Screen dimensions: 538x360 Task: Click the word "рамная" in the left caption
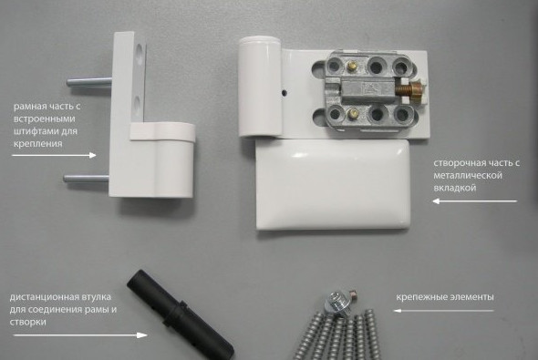click(x=30, y=107)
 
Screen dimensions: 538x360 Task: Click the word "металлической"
click(x=468, y=176)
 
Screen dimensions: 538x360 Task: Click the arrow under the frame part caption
click(x=54, y=155)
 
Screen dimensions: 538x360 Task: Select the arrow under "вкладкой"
click(x=474, y=201)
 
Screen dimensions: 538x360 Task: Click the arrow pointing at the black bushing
click(x=80, y=335)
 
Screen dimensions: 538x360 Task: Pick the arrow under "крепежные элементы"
click(x=444, y=311)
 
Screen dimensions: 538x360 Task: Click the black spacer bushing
click(x=181, y=314)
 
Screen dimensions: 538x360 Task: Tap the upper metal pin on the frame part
click(x=89, y=82)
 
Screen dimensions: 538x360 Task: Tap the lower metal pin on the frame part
click(x=86, y=178)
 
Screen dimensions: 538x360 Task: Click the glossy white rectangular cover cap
click(x=333, y=185)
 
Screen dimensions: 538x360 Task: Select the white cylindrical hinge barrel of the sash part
click(x=260, y=87)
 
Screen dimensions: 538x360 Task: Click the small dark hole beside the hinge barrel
click(x=284, y=93)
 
